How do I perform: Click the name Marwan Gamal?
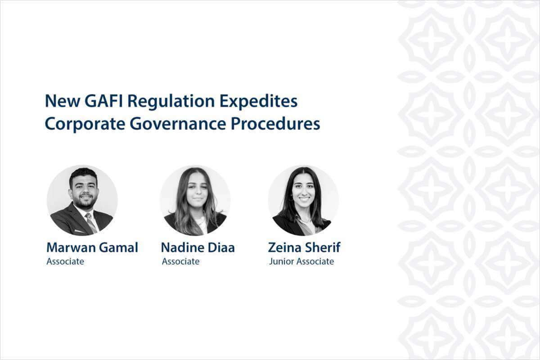(92, 247)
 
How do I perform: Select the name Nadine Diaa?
(198, 247)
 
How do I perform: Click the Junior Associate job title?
(301, 261)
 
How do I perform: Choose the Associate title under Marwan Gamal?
(65, 261)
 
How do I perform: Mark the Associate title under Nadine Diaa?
(180, 261)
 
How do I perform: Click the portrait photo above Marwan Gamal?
(82, 200)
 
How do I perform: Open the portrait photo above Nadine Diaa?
(195, 200)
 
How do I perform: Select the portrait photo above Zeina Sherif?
(303, 200)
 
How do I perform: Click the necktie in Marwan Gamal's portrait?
(91, 223)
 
